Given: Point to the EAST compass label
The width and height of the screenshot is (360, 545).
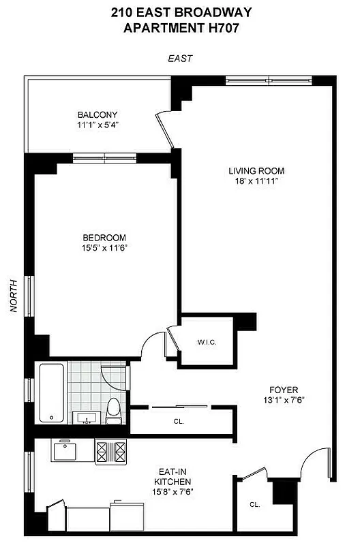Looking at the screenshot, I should pos(180,59).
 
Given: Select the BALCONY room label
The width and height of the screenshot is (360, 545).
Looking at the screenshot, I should pos(97,114).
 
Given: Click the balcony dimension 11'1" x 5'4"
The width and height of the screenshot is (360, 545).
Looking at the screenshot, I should pos(97,125).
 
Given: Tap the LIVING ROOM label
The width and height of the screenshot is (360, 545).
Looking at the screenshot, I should pos(256,170).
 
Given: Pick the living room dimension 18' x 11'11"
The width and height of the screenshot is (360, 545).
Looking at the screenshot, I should pos(256,181).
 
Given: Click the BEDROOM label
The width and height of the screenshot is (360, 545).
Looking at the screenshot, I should pos(104,237).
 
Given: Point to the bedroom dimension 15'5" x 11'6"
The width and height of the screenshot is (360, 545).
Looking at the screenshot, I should pos(104,248).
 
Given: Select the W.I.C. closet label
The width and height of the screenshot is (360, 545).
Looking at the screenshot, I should pos(207,341).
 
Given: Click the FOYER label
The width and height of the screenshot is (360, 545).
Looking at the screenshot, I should pos(281,390).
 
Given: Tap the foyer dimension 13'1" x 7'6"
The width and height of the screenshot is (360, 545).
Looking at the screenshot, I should pos(281,401).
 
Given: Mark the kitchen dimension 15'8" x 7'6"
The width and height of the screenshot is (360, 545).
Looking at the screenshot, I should pos(166,491).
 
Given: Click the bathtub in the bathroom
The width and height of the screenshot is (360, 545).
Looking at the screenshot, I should pos(51,393).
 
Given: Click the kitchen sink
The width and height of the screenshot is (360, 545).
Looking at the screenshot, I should pos(67,450).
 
